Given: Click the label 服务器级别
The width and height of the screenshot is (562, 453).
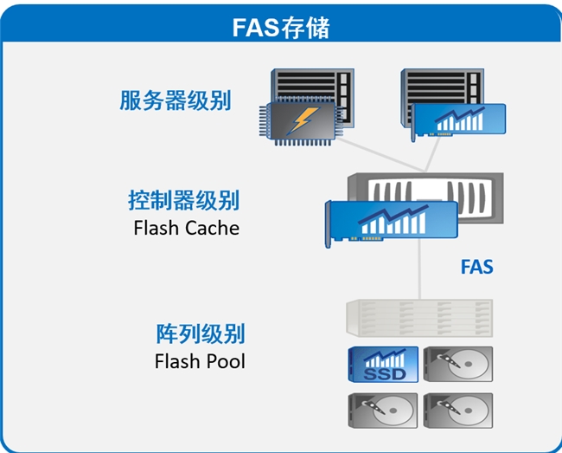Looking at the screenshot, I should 175,100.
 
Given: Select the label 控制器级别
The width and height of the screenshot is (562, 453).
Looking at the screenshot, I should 183,201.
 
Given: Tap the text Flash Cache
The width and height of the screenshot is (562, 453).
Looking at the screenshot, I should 186,229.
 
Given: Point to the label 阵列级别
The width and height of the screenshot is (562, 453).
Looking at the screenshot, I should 200,333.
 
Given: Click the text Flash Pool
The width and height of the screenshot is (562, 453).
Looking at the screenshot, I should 200,360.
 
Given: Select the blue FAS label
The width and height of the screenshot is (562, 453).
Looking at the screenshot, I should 476,266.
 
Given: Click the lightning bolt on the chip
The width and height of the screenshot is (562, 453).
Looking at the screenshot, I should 300,122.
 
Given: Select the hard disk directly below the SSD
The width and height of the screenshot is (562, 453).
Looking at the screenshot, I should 382,412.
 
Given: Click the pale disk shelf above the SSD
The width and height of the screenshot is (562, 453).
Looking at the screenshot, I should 419,318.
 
